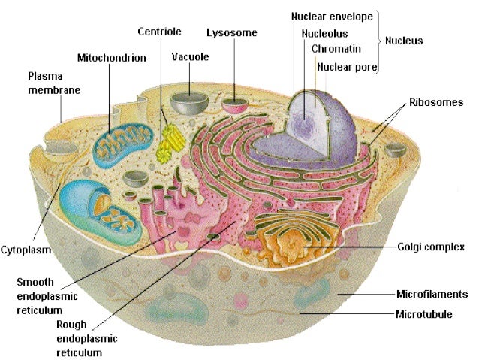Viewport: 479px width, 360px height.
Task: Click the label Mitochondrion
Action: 111,57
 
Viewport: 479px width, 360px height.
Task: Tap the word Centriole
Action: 158,32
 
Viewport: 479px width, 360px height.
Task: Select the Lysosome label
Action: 232,32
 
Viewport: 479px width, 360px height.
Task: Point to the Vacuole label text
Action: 189,57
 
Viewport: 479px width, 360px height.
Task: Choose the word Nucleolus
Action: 324,34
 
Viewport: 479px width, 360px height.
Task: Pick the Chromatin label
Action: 336,49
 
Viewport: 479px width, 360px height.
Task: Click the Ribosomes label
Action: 436,102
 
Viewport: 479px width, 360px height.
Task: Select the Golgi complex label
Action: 431,246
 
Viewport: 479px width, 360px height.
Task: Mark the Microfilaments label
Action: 432,294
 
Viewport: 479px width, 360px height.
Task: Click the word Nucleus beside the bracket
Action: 404,41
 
